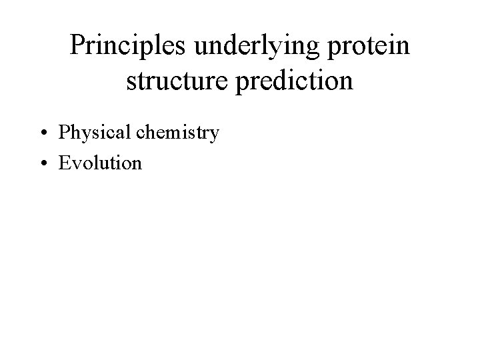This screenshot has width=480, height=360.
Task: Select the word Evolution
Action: (x=101, y=163)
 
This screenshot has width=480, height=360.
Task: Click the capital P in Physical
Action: (x=65, y=132)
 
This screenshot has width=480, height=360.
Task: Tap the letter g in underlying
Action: (x=310, y=52)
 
